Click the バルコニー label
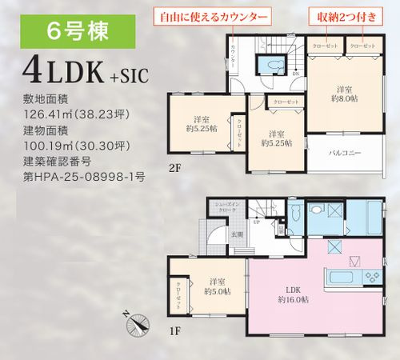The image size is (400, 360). click(346, 153)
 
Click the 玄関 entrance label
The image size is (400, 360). click(237, 234)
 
